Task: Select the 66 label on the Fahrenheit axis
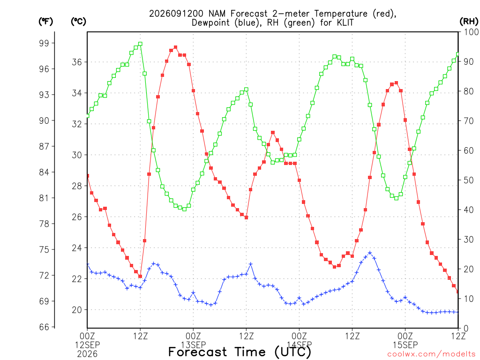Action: coord(44,327)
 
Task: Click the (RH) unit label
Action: coord(469,21)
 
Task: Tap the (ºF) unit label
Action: coord(45,21)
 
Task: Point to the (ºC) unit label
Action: coord(78,21)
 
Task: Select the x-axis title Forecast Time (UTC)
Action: coord(240,352)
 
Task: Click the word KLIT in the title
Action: coord(345,22)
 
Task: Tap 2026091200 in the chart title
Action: coord(176,14)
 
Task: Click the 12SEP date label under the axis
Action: coord(87,345)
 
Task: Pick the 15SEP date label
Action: coord(405,345)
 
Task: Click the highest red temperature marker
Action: coord(175,47)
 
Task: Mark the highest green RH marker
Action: coord(140,44)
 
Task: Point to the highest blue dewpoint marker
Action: coord(370,253)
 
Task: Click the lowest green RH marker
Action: coord(184,209)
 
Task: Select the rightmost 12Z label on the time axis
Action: coord(458,336)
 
